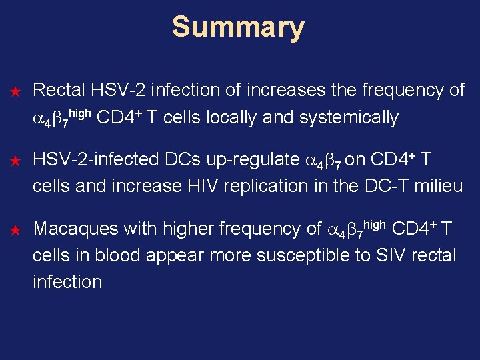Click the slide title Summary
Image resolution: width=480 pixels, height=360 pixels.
(238, 28)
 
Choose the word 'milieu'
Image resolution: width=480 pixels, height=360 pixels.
(437, 186)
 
